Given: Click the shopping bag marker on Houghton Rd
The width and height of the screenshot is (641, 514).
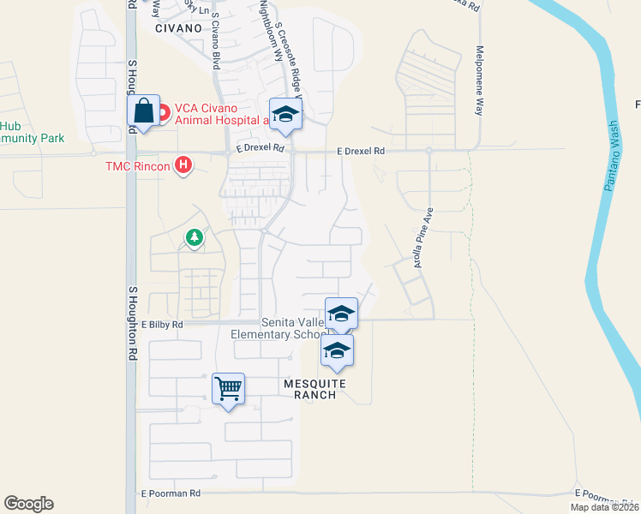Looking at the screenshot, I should pos(143,111).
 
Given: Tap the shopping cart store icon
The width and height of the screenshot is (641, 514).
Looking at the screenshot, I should pos(228,390).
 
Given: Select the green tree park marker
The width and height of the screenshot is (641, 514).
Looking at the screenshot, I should pos(195,237).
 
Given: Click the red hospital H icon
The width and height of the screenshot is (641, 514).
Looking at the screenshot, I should pos(183,164).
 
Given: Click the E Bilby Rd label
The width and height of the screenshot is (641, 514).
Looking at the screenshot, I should pos(163,325).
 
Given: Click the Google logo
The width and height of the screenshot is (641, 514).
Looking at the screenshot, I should pos(28,504).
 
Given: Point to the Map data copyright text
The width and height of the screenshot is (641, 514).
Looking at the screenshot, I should pos(605,507).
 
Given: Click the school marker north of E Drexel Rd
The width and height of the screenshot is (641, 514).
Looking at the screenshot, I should pos(286,114).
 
